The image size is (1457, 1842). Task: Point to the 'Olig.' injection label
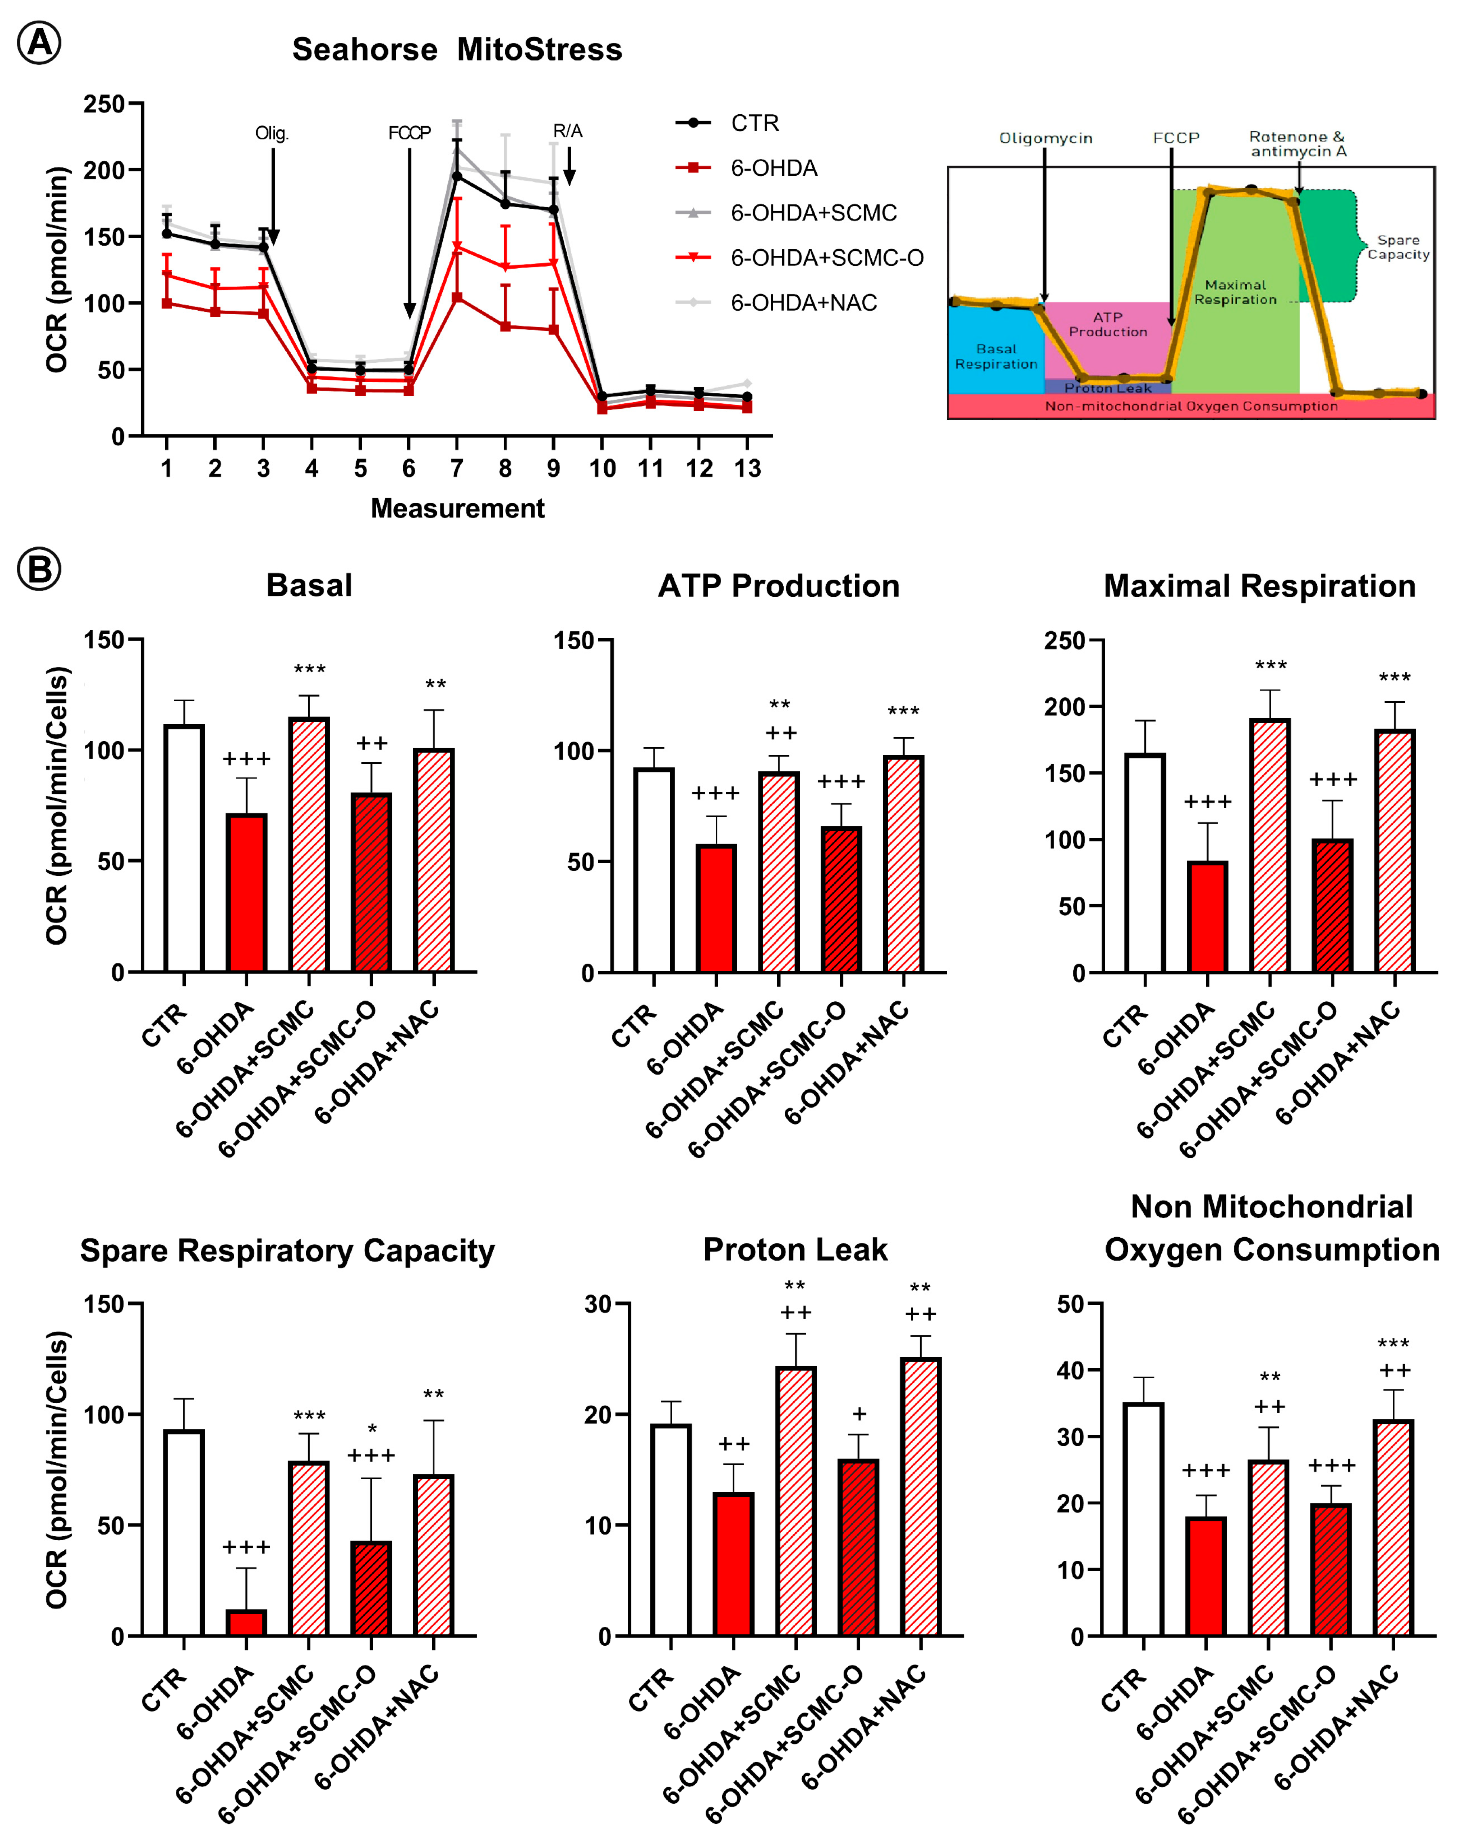point(272,133)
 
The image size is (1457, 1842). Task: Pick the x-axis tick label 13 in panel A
point(747,469)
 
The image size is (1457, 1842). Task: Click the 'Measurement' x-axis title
point(457,509)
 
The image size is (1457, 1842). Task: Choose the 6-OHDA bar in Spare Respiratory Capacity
point(246,1623)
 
